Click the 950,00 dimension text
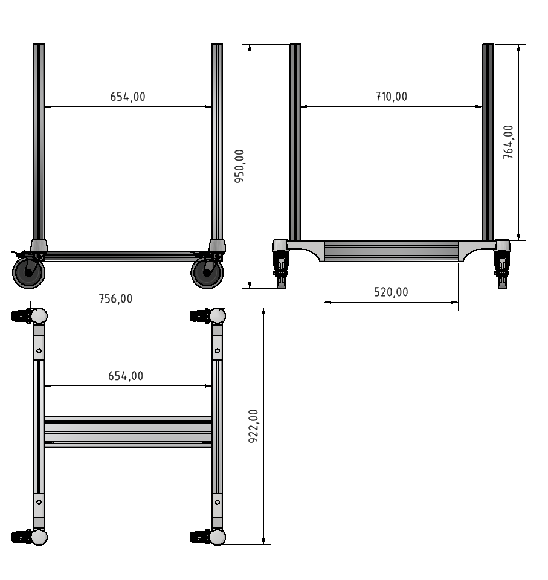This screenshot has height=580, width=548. [x=240, y=166]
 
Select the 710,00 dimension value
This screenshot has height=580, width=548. [x=391, y=97]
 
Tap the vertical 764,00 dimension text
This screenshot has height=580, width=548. [x=509, y=142]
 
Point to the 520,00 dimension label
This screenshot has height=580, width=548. [x=391, y=292]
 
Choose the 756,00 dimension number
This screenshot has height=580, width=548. [x=115, y=298]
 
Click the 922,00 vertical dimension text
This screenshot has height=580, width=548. [x=254, y=426]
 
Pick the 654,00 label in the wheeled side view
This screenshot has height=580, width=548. [x=127, y=97]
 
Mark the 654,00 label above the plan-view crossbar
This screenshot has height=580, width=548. [x=126, y=376]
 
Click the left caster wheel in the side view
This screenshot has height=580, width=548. [x=28, y=273]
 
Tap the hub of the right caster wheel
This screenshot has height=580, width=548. [x=207, y=273]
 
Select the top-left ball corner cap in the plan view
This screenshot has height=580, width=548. [x=39, y=315]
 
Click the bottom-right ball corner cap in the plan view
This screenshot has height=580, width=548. [x=218, y=536]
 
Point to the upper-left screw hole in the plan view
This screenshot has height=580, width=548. [x=39, y=350]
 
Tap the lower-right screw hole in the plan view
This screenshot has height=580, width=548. [x=218, y=501]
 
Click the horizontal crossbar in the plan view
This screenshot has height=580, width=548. [x=127, y=431]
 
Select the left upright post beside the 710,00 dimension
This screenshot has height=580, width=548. [x=295, y=142]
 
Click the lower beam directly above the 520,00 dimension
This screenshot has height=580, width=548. [x=391, y=251]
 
